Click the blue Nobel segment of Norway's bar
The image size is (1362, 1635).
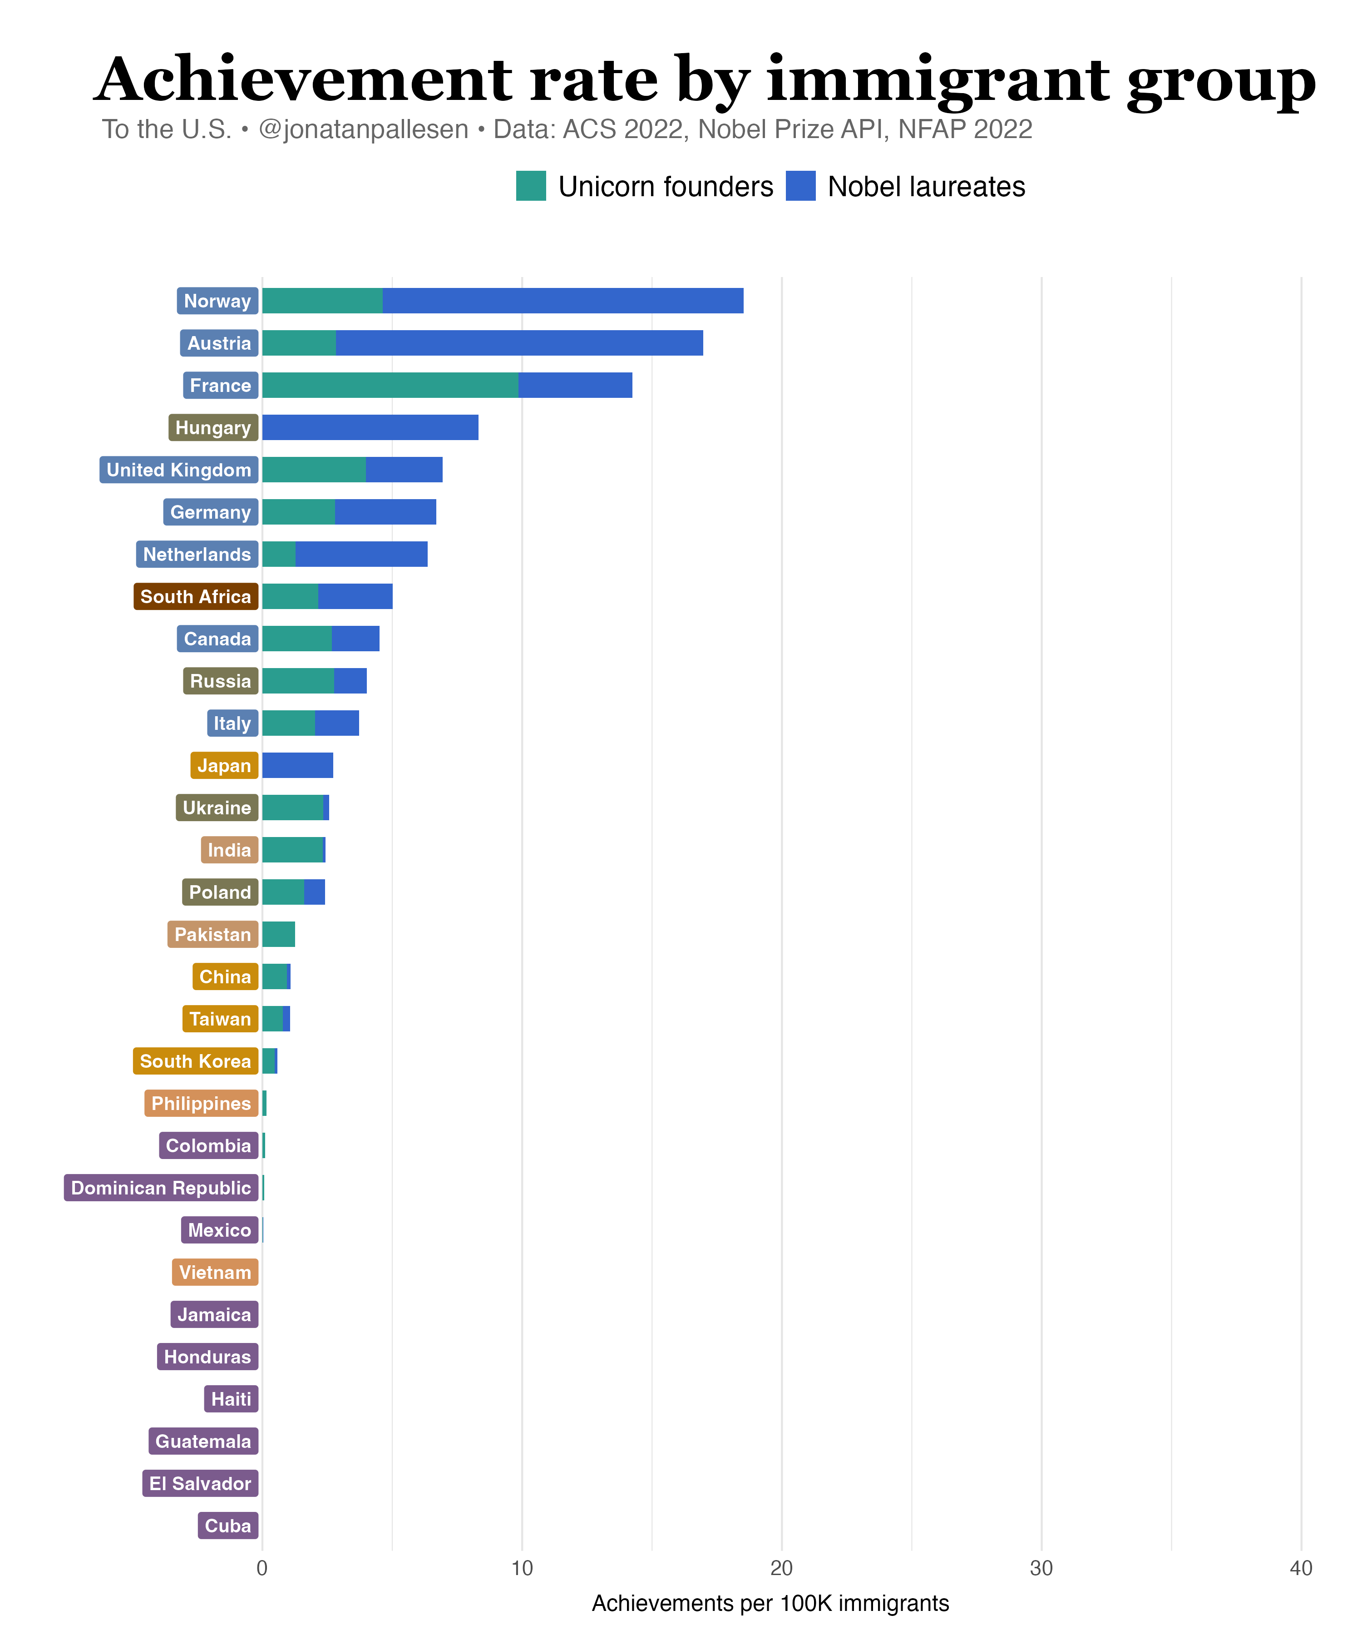(x=563, y=301)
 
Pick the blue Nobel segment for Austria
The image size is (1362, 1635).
(x=519, y=342)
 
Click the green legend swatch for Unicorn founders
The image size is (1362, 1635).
(x=531, y=186)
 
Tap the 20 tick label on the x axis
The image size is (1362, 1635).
(x=781, y=1568)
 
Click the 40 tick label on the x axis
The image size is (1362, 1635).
(x=1301, y=1568)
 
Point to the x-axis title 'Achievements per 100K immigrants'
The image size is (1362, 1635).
(x=770, y=1604)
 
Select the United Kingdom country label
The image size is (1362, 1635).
(x=179, y=470)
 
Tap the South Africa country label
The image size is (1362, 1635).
(x=196, y=596)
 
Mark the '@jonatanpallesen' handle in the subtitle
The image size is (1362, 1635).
(x=364, y=129)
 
